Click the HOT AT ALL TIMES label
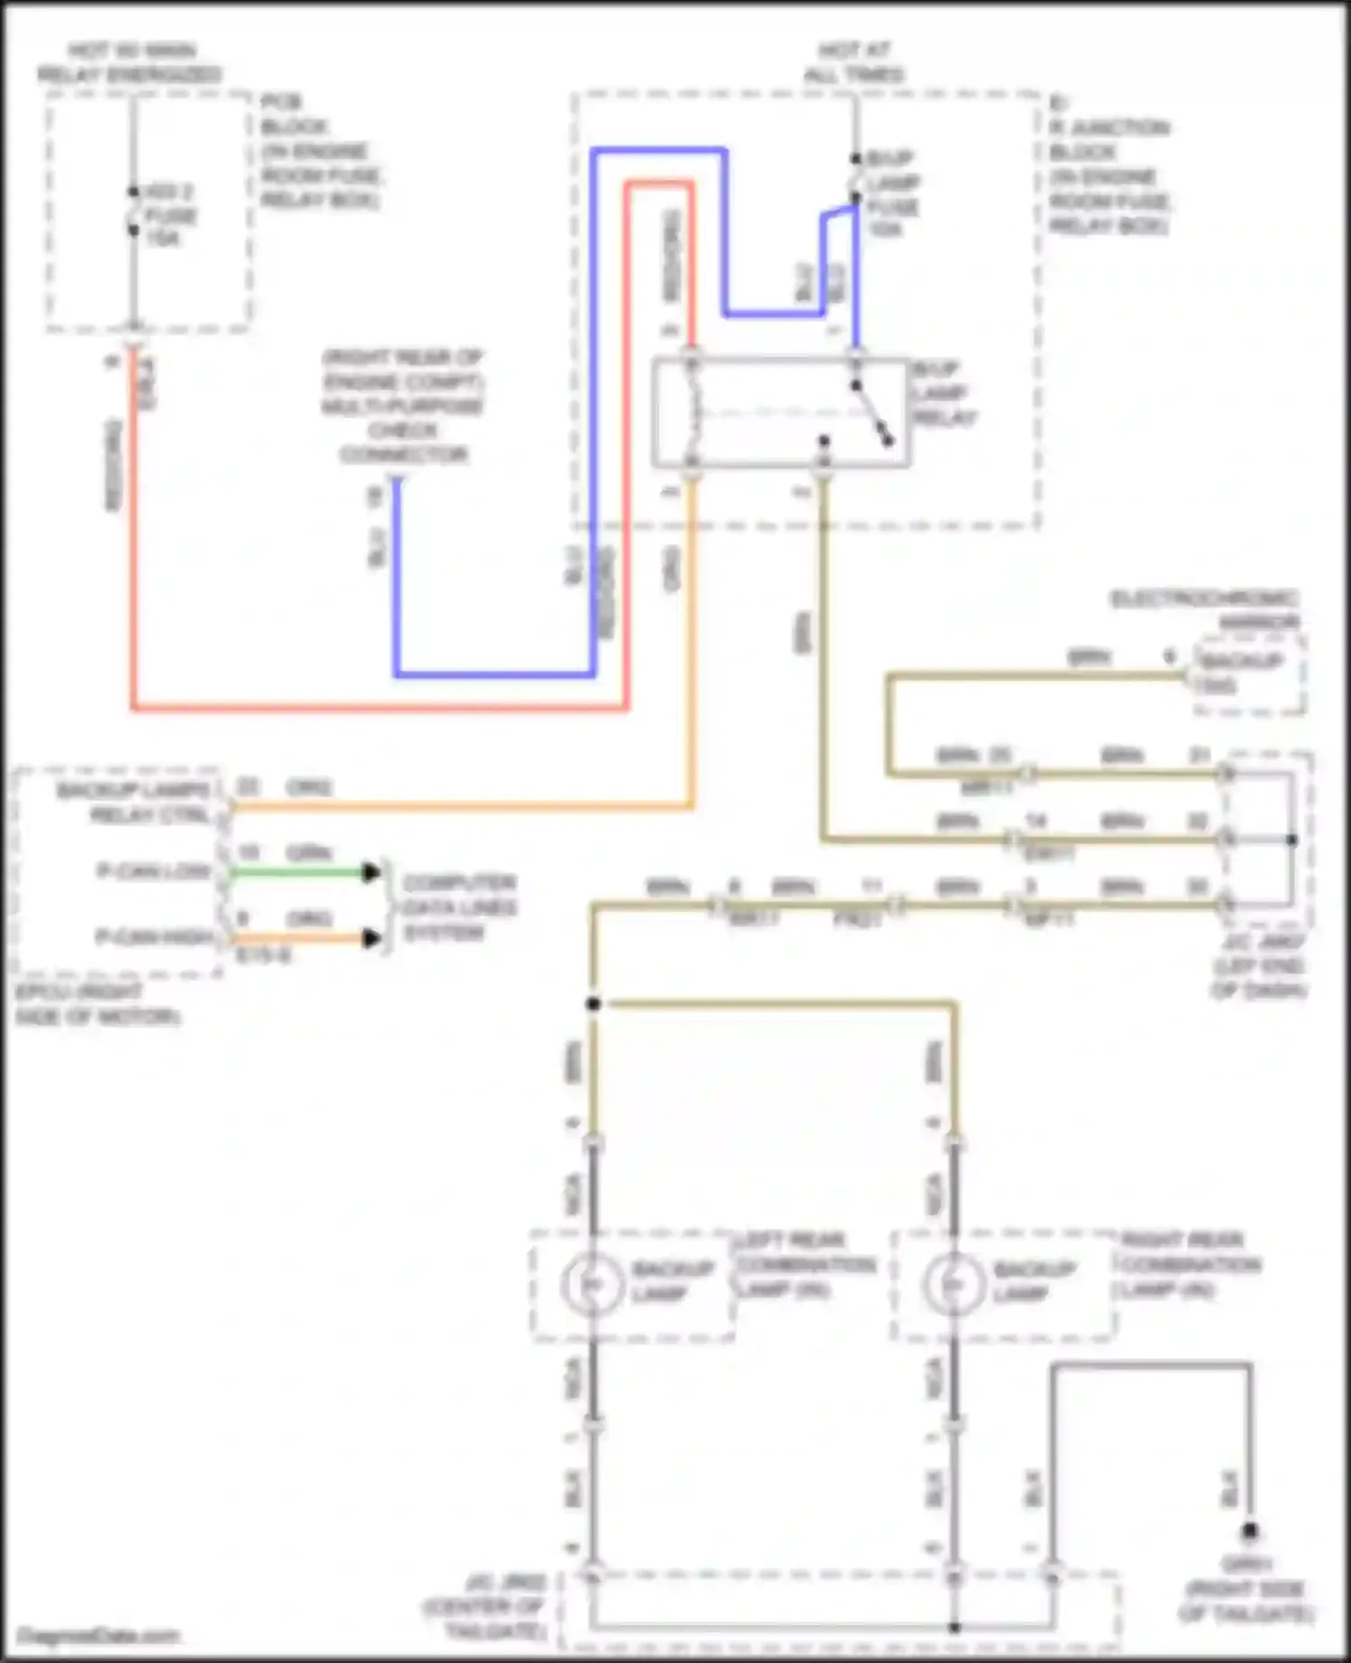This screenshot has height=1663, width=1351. (x=854, y=62)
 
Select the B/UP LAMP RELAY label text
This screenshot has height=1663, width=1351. (x=945, y=394)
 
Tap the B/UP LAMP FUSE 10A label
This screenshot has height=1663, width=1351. (x=893, y=194)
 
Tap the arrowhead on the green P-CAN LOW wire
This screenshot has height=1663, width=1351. (x=370, y=872)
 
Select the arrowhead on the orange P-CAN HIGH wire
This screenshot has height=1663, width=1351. (x=370, y=939)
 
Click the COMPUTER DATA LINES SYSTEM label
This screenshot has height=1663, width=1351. (x=458, y=906)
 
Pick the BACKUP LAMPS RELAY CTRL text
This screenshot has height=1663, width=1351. (x=132, y=803)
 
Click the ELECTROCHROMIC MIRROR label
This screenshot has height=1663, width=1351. (x=1205, y=610)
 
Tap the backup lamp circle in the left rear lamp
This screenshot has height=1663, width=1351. (x=592, y=1283)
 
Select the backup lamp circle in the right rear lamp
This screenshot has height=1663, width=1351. (x=954, y=1283)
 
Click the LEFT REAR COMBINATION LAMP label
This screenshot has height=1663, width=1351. (x=805, y=1264)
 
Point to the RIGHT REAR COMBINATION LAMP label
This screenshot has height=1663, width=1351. (x=1190, y=1264)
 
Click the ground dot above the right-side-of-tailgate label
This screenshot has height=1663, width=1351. (x=1249, y=1531)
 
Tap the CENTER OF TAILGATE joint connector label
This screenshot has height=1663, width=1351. (x=486, y=1606)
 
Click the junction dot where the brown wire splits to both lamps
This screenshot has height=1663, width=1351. (x=593, y=1004)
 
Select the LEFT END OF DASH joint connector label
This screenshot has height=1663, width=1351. (x=1258, y=966)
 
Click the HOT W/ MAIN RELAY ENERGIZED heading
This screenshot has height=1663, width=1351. (x=131, y=62)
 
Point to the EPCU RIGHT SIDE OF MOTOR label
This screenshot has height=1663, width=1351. (x=96, y=1004)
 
